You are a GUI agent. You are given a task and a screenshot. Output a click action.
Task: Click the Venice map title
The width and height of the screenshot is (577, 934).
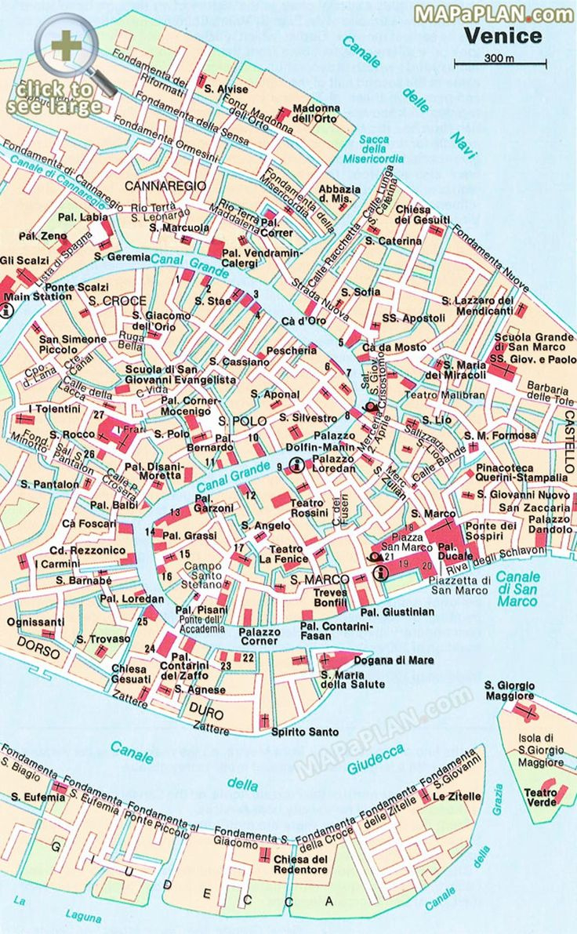tap(502, 35)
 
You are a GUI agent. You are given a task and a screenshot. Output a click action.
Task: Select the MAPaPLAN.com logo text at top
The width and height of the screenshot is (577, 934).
tap(494, 13)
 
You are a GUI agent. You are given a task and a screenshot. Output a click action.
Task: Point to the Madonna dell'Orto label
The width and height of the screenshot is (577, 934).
tap(316, 113)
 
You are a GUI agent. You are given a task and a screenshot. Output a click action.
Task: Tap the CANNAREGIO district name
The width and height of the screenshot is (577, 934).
tap(165, 186)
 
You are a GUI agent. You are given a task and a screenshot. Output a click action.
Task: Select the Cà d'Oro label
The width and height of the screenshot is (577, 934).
tap(303, 321)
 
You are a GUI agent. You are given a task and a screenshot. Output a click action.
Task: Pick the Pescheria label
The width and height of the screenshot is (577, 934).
tap(291, 351)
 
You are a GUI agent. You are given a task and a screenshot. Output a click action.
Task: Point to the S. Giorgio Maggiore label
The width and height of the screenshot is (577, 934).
tap(509, 690)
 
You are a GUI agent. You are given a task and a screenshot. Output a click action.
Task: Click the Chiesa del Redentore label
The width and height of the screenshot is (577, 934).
tap(300, 864)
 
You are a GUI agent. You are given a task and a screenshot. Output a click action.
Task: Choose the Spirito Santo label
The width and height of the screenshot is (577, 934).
tap(304, 732)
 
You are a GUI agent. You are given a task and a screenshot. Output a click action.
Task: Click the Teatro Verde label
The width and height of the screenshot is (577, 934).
tap(540, 797)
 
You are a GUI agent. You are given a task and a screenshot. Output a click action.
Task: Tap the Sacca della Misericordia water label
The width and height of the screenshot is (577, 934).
tap(375, 149)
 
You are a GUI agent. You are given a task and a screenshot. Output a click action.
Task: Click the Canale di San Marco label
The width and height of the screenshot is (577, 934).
tap(517, 589)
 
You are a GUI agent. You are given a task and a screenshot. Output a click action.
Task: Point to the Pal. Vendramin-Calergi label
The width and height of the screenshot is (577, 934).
tap(261, 258)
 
